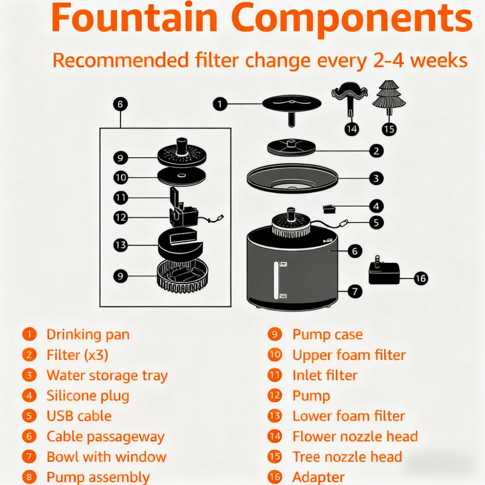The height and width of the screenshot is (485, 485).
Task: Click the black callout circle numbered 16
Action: [420, 278]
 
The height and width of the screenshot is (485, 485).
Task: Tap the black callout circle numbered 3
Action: [376, 178]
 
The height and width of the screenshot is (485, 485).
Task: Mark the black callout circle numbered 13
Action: [120, 245]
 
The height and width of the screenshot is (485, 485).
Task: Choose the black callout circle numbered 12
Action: [120, 217]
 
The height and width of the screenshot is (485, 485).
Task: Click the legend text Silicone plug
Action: [88, 396]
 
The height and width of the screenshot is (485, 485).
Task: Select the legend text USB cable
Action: [79, 416]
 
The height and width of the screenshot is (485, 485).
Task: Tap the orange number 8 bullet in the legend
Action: [30, 478]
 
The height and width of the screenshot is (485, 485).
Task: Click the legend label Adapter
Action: [318, 478]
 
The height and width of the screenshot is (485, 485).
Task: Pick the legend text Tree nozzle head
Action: [347, 457]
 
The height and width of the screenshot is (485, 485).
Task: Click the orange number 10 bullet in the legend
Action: [275, 355]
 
